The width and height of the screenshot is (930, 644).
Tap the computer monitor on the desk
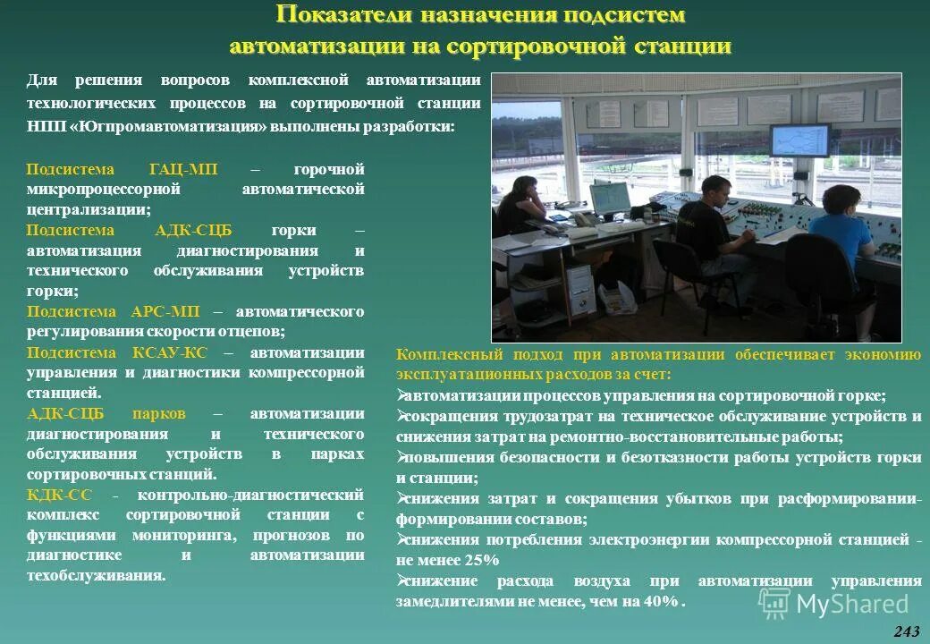point(608,199)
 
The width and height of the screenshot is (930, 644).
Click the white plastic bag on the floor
point(617,298)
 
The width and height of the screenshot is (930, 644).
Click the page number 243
point(906,631)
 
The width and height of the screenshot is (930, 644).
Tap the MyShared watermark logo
point(833,604)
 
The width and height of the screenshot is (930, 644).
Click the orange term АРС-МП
point(165,311)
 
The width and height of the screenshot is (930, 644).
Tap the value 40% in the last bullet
point(661,601)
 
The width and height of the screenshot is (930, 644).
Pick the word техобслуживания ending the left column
point(96,575)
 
